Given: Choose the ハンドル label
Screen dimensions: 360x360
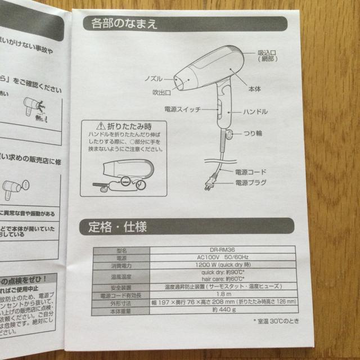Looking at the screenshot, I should (x=259, y=112).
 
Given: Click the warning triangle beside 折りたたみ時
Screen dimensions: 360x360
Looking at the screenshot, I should (x=101, y=127).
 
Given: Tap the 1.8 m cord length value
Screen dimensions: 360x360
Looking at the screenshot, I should (x=225, y=294).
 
